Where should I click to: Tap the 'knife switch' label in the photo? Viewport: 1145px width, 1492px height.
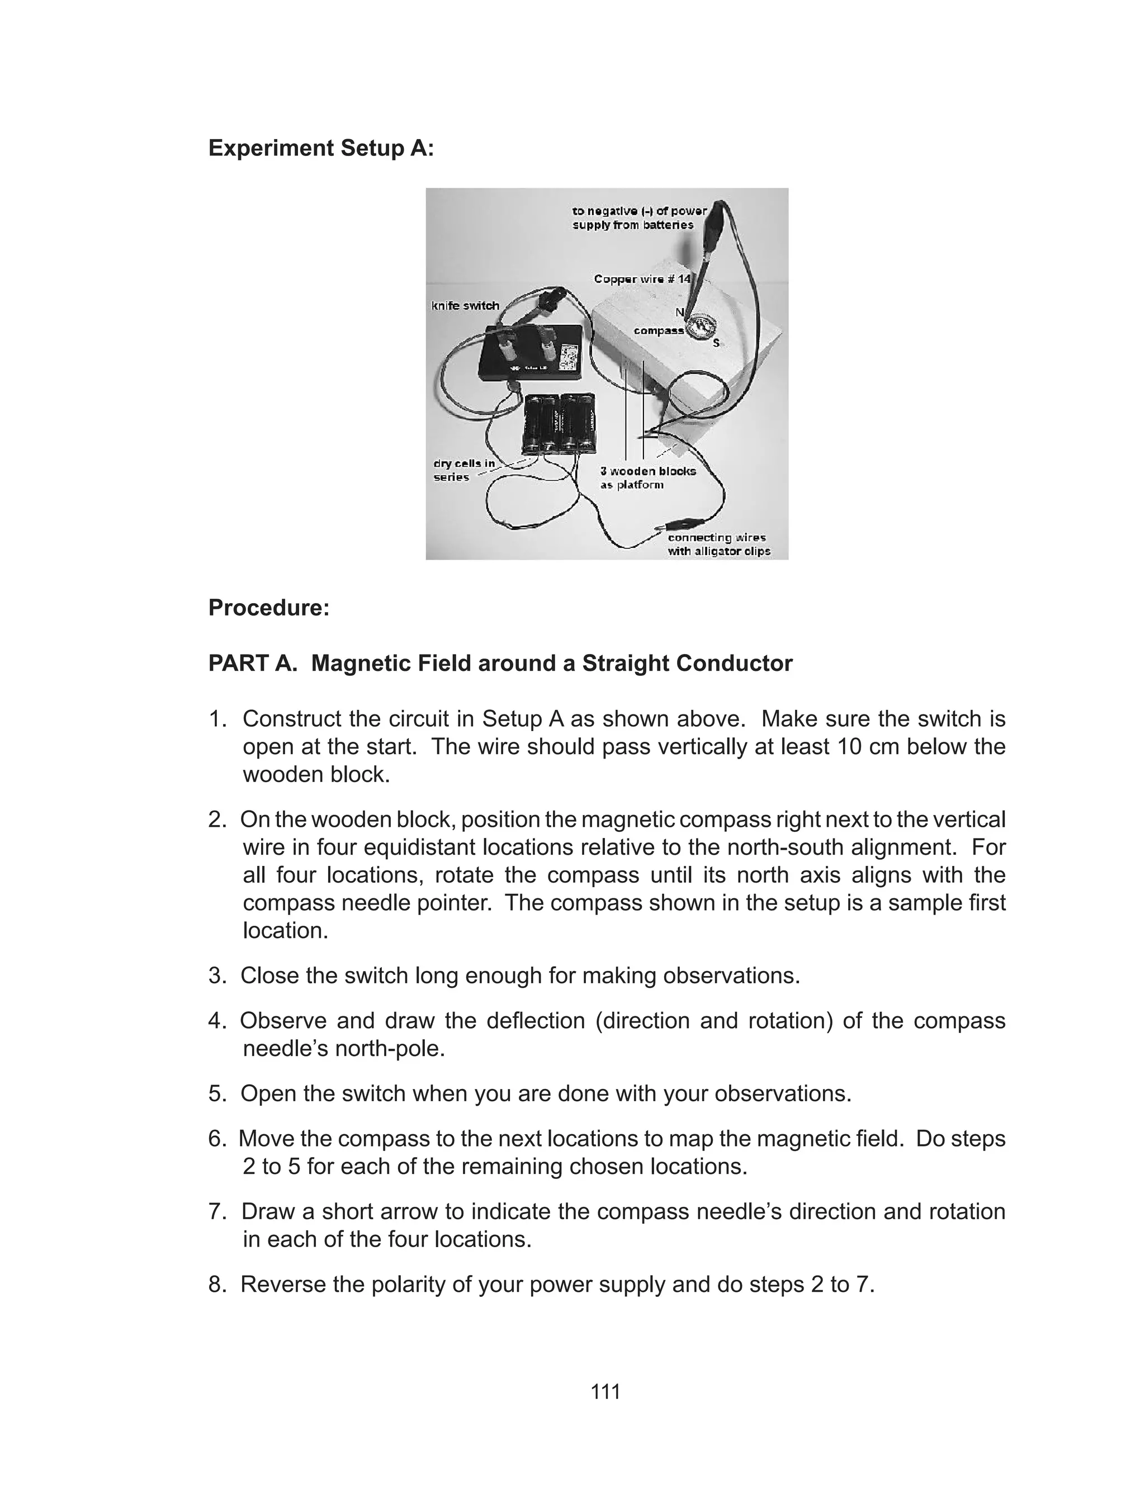coord(466,306)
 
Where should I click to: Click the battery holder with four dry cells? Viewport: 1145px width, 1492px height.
coord(556,423)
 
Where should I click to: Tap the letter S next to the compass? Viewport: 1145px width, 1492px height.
coord(716,343)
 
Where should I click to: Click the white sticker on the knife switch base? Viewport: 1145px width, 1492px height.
coord(567,356)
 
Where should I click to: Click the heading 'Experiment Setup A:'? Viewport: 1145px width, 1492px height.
coord(321,148)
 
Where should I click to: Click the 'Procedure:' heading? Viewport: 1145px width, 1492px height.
coord(268,608)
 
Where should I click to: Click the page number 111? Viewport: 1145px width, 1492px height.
coord(605,1391)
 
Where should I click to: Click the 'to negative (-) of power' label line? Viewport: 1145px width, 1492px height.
coord(639,211)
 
